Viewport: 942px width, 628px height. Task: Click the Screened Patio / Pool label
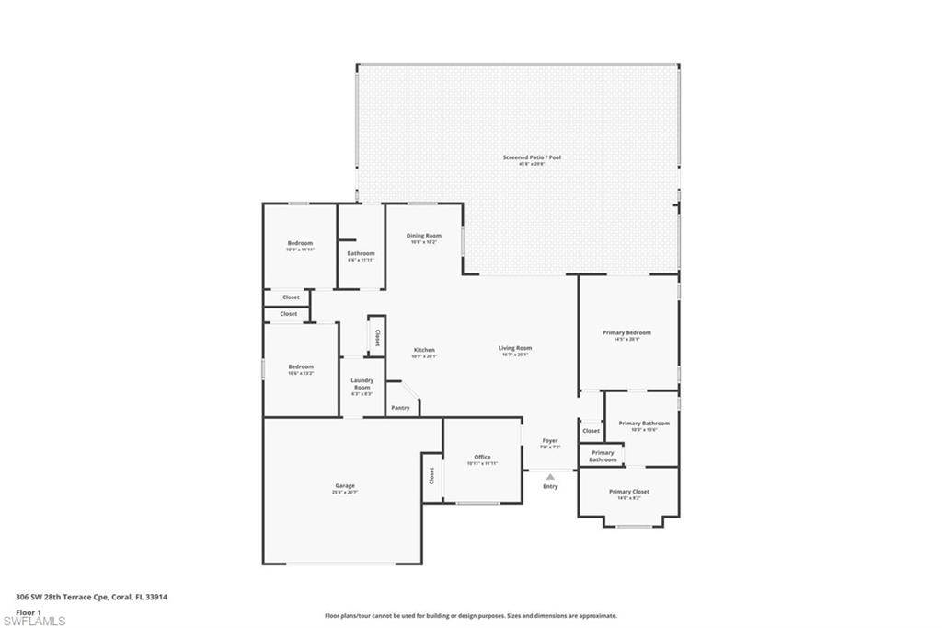[532, 157]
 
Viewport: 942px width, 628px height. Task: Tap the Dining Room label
[424, 236]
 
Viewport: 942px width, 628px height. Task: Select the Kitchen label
[424, 350]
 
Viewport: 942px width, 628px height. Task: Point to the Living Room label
[515, 348]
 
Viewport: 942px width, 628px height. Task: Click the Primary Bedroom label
[626, 332]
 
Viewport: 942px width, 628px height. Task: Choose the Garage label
[344, 486]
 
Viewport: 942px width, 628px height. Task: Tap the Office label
[482, 457]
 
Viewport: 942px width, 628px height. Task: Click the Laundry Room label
[362, 384]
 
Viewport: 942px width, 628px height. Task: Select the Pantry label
[400, 408]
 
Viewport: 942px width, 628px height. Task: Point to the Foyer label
[549, 441]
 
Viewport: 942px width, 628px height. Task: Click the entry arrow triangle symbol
[550, 476]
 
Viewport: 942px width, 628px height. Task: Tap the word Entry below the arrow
[550, 486]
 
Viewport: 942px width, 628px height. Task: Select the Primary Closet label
[628, 492]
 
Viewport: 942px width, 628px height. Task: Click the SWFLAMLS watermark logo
[34, 621]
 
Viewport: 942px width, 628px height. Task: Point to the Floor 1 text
[29, 611]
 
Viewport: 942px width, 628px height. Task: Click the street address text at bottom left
[91, 597]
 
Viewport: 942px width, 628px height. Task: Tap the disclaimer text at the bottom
[470, 615]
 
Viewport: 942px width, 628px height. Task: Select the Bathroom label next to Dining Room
[361, 253]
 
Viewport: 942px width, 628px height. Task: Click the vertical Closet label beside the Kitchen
[377, 337]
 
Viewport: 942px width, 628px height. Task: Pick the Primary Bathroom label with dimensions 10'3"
[644, 424]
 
